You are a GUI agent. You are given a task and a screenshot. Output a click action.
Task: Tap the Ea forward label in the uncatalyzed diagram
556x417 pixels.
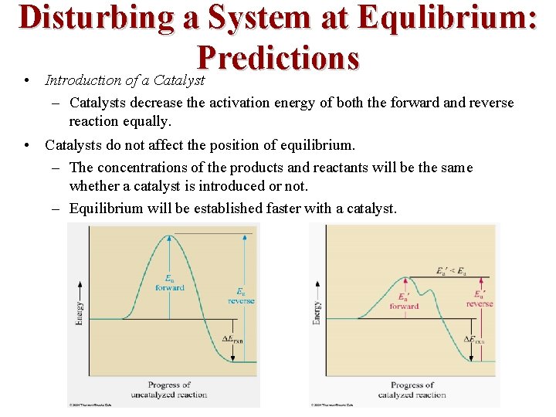coord(169,283)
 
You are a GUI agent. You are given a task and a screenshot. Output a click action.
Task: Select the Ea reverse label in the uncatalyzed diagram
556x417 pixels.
coord(241,296)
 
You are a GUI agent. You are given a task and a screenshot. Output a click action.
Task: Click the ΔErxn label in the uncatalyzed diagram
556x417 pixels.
coord(232,340)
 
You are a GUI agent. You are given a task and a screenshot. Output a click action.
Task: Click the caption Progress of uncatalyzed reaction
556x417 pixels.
coord(169,389)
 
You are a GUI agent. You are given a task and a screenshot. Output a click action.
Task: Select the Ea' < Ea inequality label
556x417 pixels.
coord(451,271)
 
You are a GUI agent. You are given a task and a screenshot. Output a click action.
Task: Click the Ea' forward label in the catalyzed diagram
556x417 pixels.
coord(403,301)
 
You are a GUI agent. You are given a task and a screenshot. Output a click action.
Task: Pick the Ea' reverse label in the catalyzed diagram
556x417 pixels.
coord(480,299)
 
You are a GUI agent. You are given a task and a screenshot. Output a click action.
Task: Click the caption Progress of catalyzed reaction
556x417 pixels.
coord(412,389)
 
